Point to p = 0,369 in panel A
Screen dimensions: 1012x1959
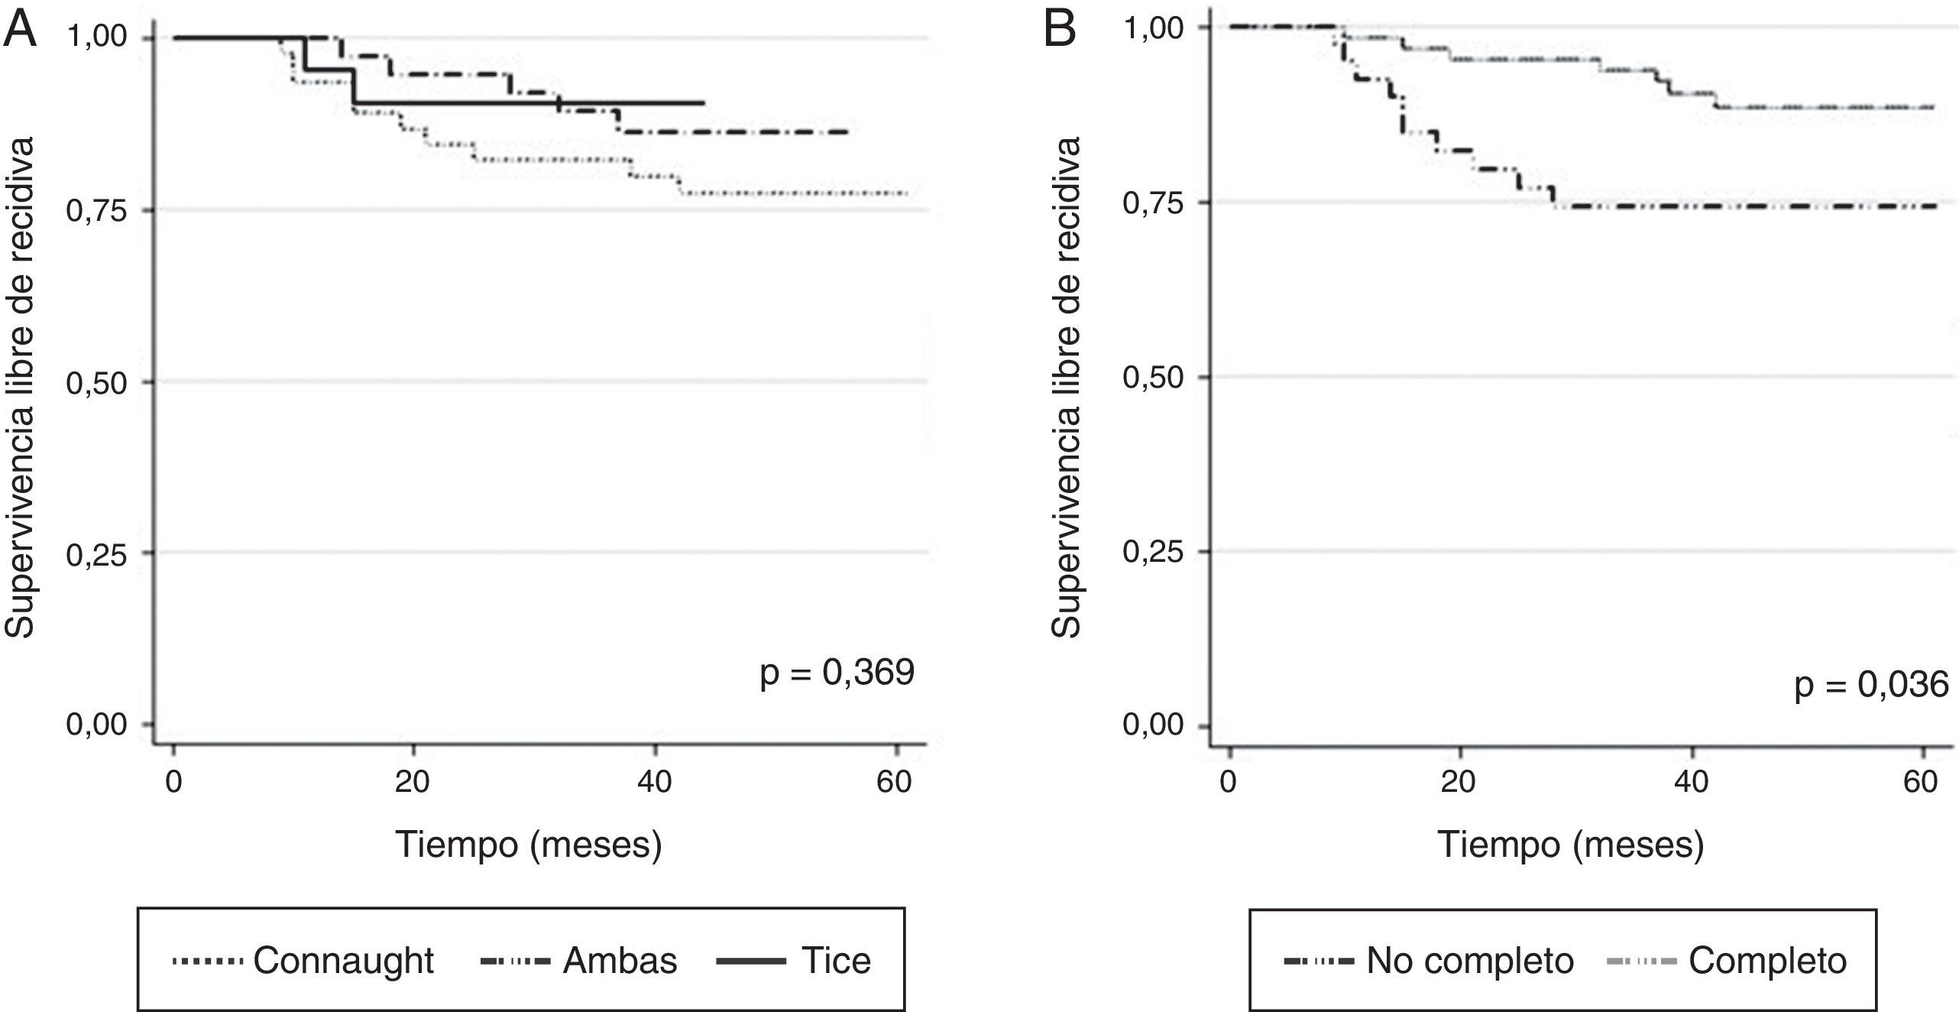837,673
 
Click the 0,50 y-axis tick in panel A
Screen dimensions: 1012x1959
97,383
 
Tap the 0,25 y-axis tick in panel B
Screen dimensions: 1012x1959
1153,551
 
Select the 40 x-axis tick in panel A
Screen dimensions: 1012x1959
654,783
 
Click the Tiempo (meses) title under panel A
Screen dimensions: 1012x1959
529,845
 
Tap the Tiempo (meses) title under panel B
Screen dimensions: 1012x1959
1571,845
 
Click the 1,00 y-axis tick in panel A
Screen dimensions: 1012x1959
97,37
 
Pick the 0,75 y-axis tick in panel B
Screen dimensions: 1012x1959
1153,203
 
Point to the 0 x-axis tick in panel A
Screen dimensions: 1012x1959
174,783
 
